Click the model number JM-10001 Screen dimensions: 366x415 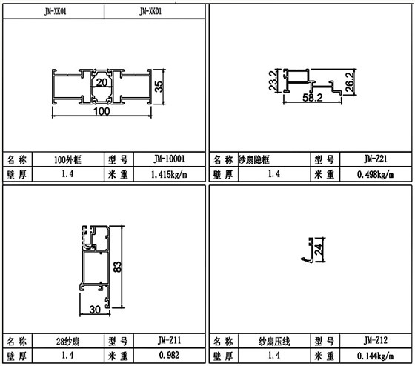[168, 159]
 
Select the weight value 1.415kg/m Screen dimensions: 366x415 [168, 174]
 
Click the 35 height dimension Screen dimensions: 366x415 [158, 85]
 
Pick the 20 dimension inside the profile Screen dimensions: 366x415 [101, 83]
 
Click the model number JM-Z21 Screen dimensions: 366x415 [376, 159]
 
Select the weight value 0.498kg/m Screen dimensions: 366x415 [376, 174]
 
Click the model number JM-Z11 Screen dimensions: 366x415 [168, 341]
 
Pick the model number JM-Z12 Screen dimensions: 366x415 [376, 341]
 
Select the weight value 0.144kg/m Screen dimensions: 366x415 [376, 356]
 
